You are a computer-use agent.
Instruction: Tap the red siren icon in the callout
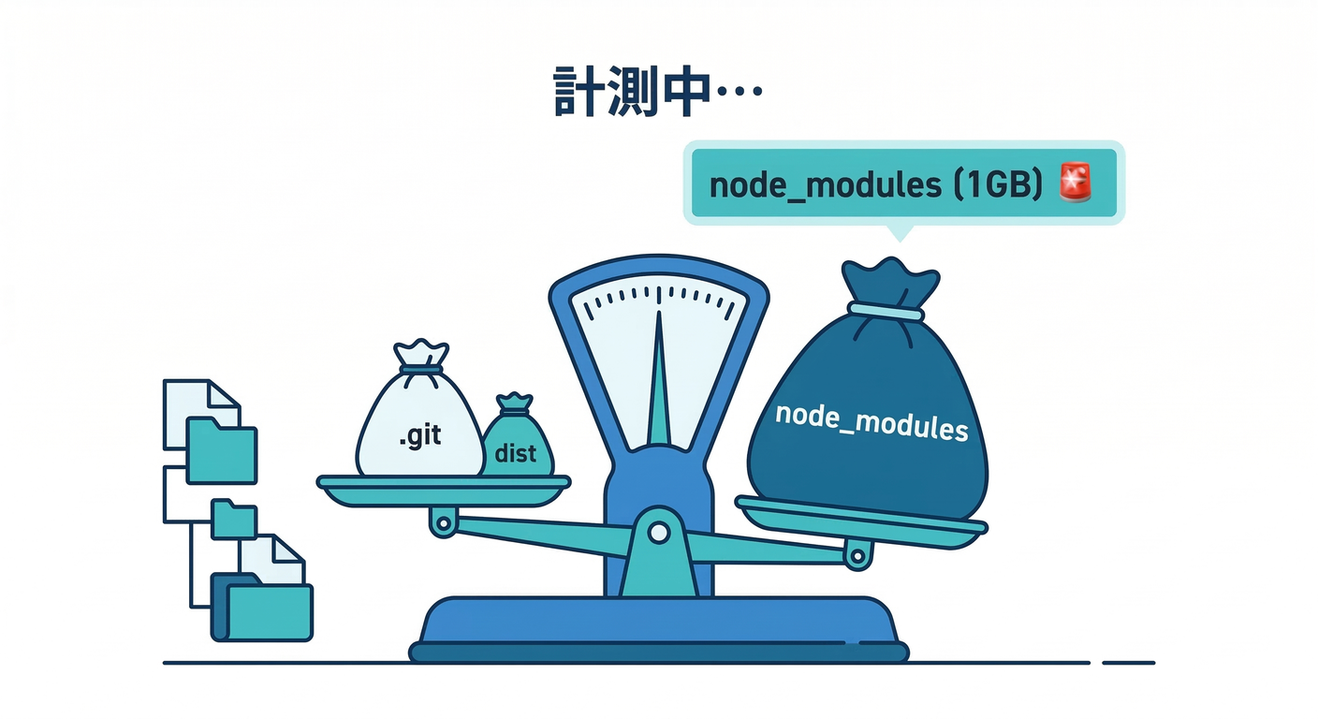pyautogui.click(x=1076, y=183)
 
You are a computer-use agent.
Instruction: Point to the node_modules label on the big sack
pyautogui.click(x=871, y=423)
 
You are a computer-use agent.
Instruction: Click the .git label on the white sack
pyautogui.click(x=418, y=436)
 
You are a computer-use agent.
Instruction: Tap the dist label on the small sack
pyautogui.click(x=515, y=454)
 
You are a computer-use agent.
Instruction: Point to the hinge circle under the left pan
pyautogui.click(x=444, y=521)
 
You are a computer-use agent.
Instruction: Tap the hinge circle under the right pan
pyautogui.click(x=857, y=556)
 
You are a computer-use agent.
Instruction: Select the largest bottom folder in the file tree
pyautogui.click(x=268, y=610)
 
